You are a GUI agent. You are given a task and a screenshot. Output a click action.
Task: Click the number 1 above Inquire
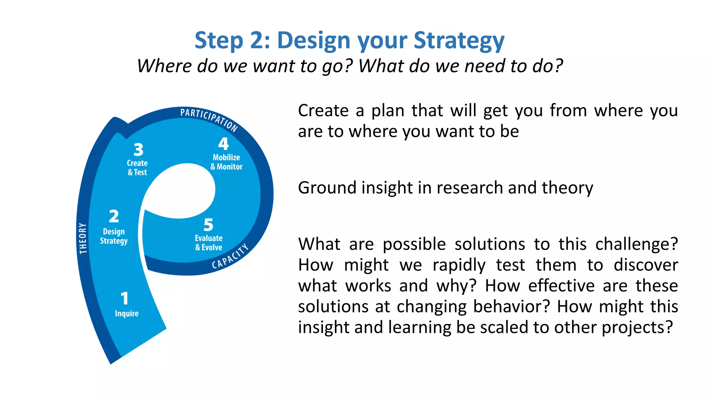[125, 299]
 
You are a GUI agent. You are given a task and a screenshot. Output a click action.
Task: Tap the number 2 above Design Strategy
[114, 216]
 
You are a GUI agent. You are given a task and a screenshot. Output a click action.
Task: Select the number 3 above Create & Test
[139, 150]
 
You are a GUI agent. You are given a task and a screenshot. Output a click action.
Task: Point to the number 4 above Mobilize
[224, 144]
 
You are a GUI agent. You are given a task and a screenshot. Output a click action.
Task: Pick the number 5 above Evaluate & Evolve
[208, 225]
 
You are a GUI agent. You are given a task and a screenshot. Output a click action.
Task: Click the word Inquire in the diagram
[127, 314]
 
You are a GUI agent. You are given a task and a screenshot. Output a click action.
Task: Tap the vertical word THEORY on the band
[83, 238]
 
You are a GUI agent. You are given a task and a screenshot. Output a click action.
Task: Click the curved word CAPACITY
[231, 257]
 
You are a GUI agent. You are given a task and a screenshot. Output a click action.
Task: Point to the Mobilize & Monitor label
[226, 162]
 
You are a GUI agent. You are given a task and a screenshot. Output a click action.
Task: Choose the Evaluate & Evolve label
[209, 243]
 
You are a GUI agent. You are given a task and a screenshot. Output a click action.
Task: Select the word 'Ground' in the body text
[327, 188]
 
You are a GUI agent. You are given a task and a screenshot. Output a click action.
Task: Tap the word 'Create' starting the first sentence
[323, 111]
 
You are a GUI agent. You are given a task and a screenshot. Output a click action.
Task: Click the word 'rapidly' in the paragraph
[459, 265]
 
